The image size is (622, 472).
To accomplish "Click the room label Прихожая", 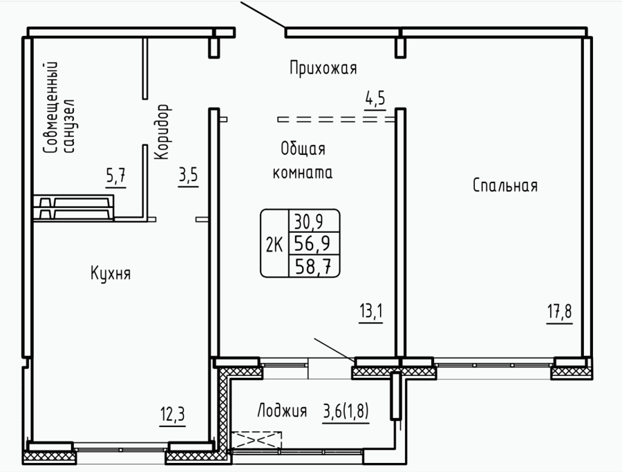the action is (323, 68).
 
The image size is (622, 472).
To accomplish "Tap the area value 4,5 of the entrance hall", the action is (375, 99).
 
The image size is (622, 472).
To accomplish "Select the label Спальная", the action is (505, 185).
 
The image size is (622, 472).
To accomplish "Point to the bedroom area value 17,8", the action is (560, 312).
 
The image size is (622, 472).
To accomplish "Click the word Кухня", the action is (111, 273).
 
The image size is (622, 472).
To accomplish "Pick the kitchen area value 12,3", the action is (173, 415).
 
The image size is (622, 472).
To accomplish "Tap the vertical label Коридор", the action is (162, 132).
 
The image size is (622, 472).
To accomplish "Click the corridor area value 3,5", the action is (188, 176).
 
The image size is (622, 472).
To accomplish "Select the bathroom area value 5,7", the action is (116, 176).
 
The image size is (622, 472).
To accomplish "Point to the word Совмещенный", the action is (51, 107).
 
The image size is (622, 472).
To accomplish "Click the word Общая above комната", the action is (303, 149).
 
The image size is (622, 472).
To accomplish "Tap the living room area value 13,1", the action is (371, 312).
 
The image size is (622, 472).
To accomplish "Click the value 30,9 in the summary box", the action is (309, 221).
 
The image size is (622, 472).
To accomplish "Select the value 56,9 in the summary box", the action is (312, 243).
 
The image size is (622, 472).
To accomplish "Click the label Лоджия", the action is (282, 410).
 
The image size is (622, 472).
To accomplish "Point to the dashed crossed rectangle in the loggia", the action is (256, 440).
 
